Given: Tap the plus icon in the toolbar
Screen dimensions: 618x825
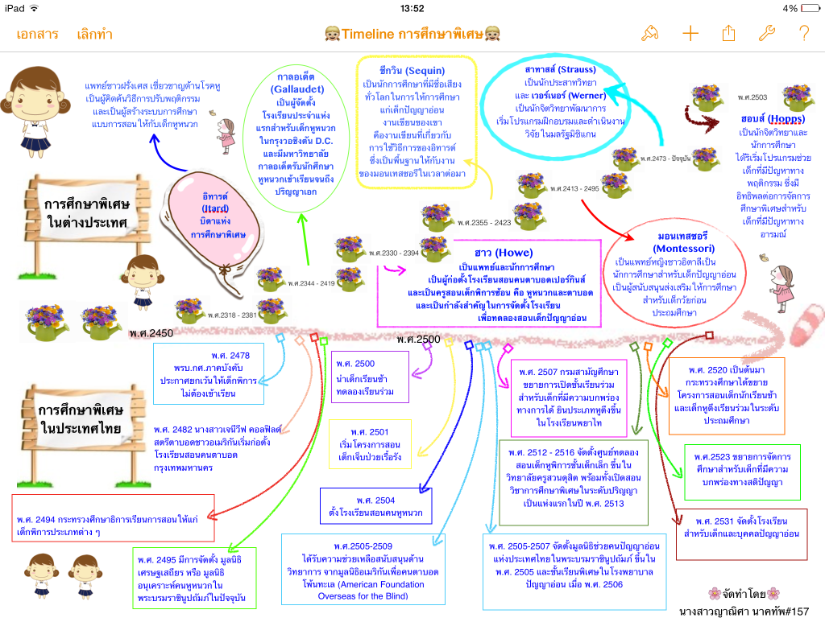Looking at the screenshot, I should tap(690, 33).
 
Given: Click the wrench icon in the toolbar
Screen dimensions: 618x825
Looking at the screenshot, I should tap(767, 33).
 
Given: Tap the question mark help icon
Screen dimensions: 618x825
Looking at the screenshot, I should tap(803, 33).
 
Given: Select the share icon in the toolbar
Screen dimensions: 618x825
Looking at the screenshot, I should tap(729, 33).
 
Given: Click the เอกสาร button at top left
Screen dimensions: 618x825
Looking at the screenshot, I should tap(37, 34).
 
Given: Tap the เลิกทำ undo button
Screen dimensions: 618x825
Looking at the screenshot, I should tap(94, 34).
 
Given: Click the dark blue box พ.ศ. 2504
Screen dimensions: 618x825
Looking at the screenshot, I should tap(374, 506).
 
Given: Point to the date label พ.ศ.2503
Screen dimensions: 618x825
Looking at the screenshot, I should tap(753, 97).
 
